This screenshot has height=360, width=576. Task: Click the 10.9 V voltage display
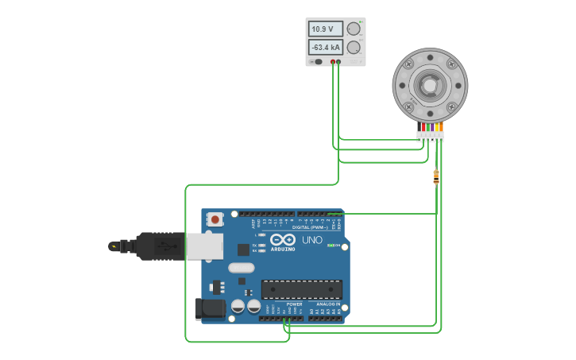coord(325,29)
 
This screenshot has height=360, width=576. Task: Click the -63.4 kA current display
coord(325,47)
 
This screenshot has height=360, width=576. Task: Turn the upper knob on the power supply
coord(354,29)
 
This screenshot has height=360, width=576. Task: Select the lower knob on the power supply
coord(354,47)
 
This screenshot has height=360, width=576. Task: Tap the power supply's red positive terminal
coord(333,61)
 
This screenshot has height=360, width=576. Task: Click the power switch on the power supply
coord(317,61)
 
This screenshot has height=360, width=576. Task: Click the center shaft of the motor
coord(430,85)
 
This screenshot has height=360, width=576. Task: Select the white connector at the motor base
coord(430,137)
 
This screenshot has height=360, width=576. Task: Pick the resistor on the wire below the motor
coord(436,176)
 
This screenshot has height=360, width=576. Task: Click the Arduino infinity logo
coord(283,240)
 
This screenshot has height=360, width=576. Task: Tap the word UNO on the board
coord(311,240)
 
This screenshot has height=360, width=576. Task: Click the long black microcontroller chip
coord(302,289)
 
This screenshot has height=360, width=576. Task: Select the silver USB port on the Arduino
coord(205,246)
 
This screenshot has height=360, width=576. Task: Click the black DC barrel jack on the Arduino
coord(210,308)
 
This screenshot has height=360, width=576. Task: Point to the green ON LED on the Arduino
coord(331,246)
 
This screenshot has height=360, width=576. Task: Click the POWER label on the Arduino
coord(294,304)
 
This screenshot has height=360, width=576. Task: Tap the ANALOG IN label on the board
coord(329,304)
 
